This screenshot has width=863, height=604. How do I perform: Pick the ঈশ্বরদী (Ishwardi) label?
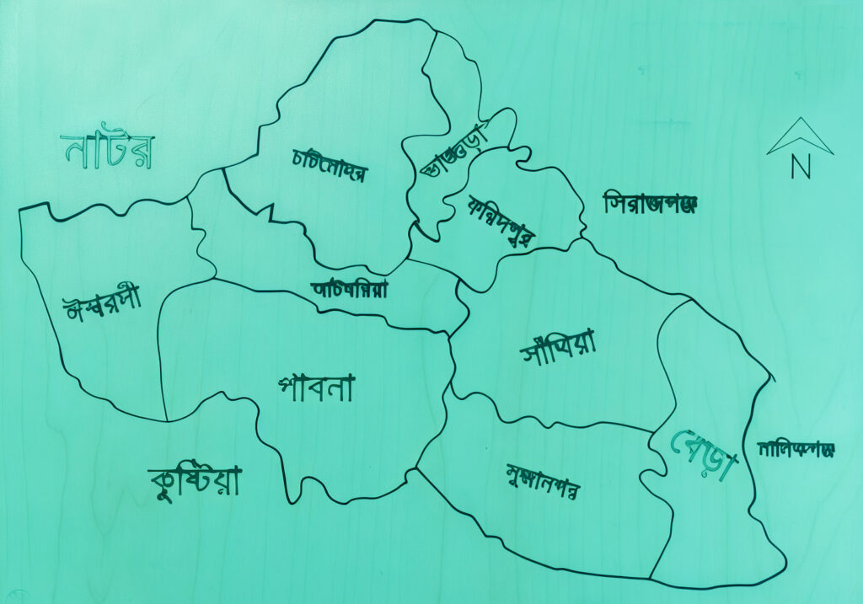coord(103,303)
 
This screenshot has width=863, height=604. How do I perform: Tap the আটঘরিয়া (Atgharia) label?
coord(350,289)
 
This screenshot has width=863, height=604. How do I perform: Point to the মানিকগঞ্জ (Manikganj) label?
coord(795,449)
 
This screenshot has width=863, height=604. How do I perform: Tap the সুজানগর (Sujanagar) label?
coord(543,481)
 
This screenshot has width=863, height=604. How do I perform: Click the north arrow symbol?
coord(800,137)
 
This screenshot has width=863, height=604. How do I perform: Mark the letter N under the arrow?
coord(801,168)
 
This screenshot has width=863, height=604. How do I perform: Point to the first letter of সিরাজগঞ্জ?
coord(614,203)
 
